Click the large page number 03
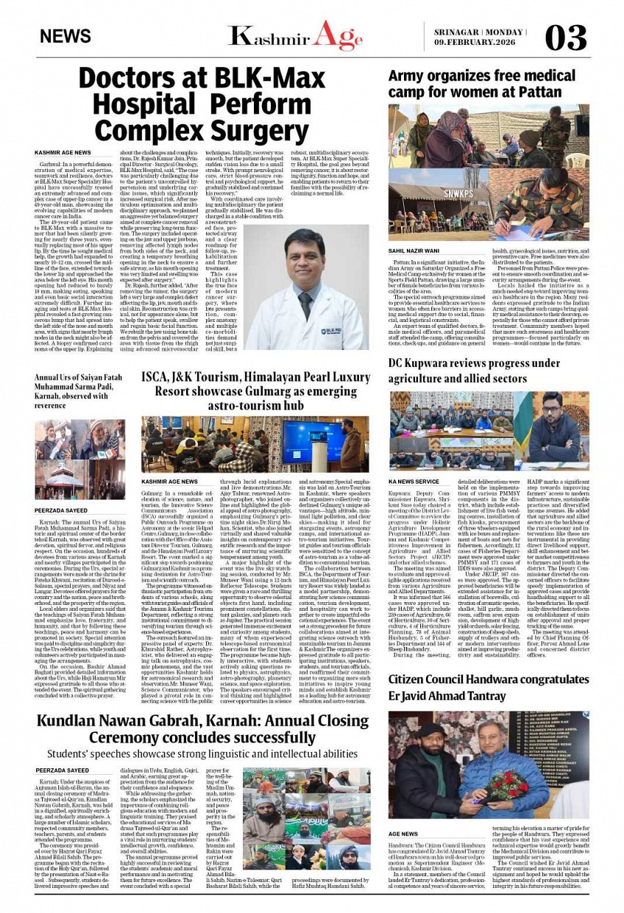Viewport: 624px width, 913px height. (566, 37)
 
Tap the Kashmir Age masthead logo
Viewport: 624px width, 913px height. (295, 36)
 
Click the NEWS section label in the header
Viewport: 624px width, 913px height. (66, 37)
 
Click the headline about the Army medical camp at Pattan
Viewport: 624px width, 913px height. (472, 85)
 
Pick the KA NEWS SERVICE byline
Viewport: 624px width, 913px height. (414, 481)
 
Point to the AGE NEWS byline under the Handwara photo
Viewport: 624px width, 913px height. (403, 834)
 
